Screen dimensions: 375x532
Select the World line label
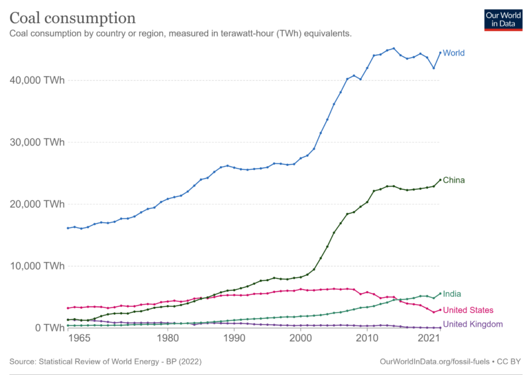click(453, 53)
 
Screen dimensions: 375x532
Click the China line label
click(453, 180)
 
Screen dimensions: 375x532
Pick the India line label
click(452, 294)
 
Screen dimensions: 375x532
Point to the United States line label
click(468, 310)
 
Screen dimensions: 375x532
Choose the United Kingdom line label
click(472, 324)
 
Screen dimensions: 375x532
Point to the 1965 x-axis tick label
click(79, 339)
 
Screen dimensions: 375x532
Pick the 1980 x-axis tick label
click(168, 339)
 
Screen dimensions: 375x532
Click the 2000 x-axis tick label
click(301, 339)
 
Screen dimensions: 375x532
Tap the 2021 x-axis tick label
click(429, 339)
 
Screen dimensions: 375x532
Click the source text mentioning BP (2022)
click(106, 362)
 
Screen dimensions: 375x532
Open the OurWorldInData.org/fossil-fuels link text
click(436, 362)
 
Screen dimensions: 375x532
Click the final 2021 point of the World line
click(440, 53)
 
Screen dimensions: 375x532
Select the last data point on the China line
click(440, 180)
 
